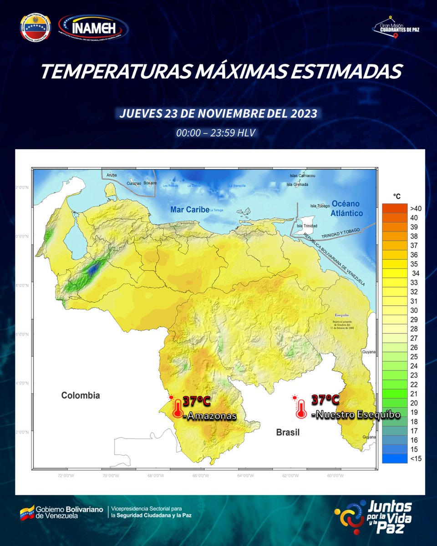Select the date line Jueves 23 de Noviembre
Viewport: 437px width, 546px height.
[x=218, y=113]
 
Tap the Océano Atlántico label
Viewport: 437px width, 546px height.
[x=347, y=208]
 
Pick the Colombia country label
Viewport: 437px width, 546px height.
[x=81, y=395]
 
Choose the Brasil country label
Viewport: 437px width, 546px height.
[x=288, y=432]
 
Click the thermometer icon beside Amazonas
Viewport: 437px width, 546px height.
[x=177, y=407]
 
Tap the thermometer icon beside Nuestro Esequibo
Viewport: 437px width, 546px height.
[x=300, y=408]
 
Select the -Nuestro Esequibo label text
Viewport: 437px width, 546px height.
[x=356, y=415]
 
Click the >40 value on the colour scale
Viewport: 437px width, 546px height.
[x=416, y=208]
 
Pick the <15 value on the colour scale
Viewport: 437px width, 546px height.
[x=416, y=458]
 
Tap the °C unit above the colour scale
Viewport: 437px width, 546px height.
[x=397, y=196]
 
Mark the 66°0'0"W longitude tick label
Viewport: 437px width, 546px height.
[x=200, y=476]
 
